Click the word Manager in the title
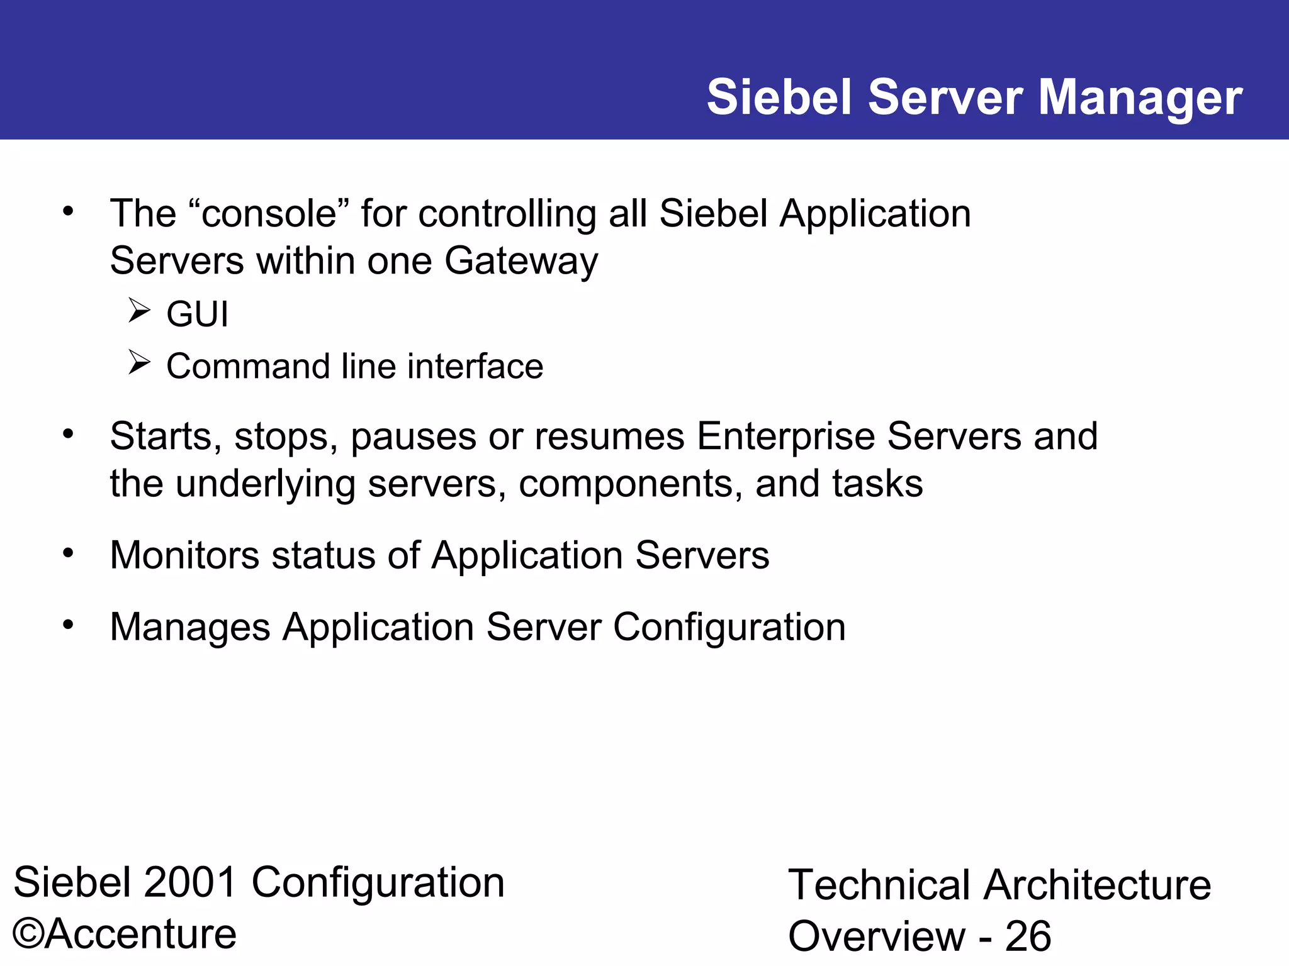pos(1140,99)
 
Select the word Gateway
pos(521,262)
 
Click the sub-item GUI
pos(197,314)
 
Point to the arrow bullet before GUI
pos(139,310)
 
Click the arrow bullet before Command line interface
pos(139,362)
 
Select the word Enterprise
pos(785,436)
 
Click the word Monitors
pos(184,555)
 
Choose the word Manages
pos(190,627)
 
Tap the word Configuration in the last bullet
pos(729,628)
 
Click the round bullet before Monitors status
pos(69,553)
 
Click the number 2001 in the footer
pos(190,882)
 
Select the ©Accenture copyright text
pos(125,934)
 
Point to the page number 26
pos(1028,936)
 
